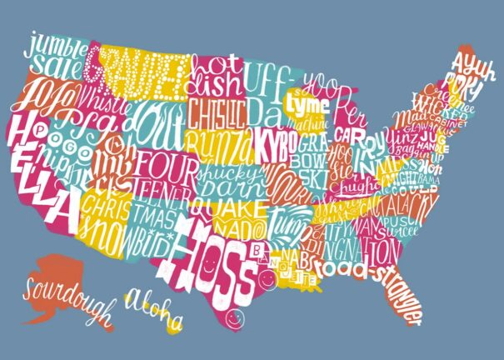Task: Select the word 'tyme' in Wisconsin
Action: click(x=298, y=104)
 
